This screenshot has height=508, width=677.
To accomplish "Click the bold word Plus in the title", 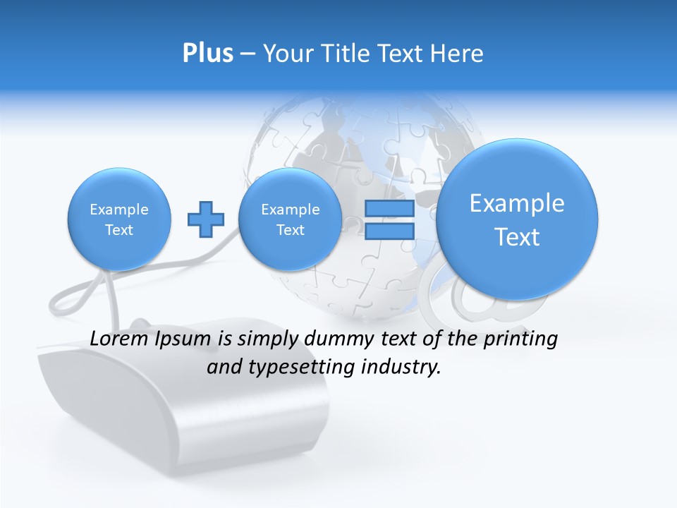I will tap(207, 54).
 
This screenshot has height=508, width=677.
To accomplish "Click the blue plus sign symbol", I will tap(205, 219).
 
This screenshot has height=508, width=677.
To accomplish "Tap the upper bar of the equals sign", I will tap(389, 208).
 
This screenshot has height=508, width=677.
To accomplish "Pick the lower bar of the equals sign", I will tap(389, 231).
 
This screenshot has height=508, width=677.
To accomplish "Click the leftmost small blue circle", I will tap(119, 219).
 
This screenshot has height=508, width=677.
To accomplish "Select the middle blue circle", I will tap(290, 219).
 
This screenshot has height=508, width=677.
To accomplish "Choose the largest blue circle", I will tap(517, 219).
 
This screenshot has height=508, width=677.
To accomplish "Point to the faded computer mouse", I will tap(183, 402).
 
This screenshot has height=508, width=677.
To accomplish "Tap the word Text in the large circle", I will tap(517, 237).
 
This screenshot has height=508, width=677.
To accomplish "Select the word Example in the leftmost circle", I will tap(119, 210).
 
